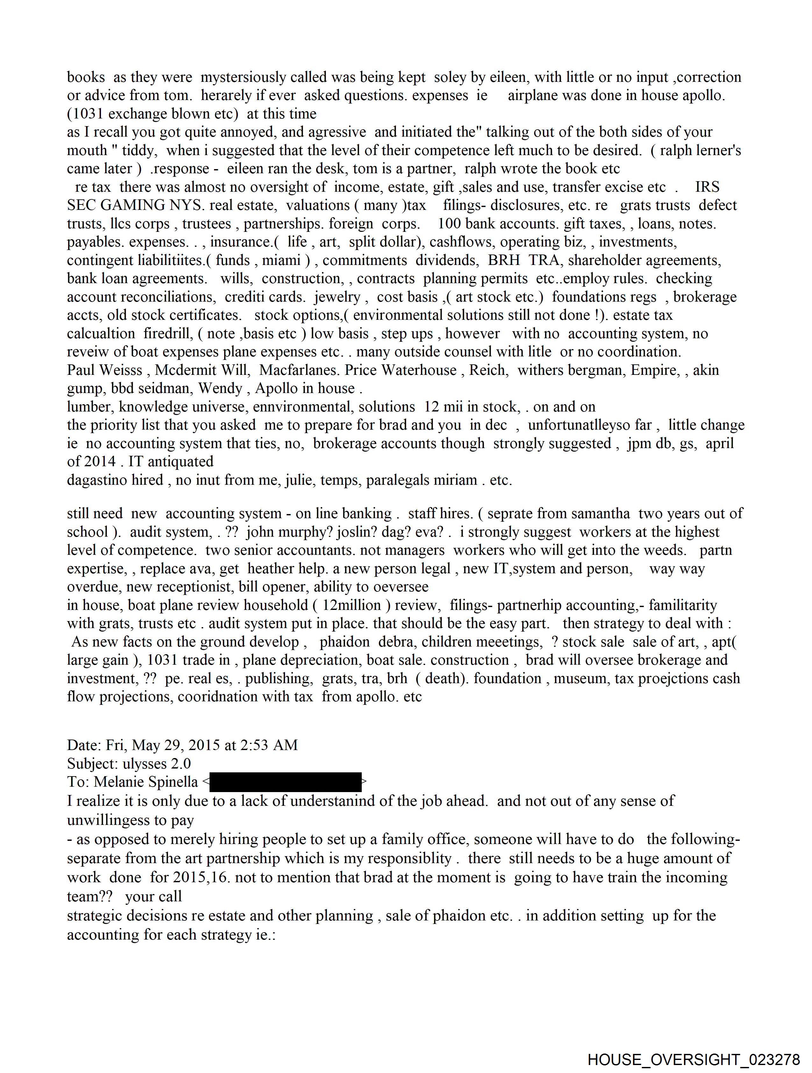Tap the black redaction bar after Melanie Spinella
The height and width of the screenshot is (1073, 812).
point(286,782)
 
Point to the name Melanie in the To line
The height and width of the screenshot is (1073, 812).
point(119,782)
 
